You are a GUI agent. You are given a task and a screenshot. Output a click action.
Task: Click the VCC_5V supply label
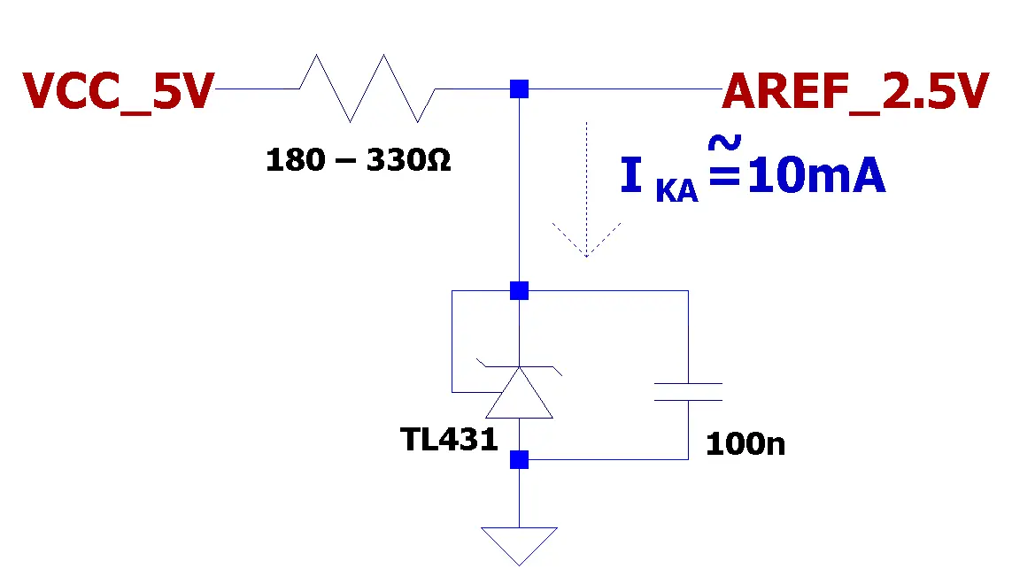coord(118,92)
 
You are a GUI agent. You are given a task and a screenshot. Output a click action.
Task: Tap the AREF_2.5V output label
coord(855,92)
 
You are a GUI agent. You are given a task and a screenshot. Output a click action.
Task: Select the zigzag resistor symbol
coord(367,88)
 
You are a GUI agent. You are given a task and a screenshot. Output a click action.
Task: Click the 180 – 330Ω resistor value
coord(359,159)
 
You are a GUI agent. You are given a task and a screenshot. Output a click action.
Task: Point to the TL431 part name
coord(449,440)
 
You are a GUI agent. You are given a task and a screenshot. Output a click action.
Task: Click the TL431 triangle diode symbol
coord(519,392)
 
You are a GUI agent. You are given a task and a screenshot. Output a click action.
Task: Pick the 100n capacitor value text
coord(745,444)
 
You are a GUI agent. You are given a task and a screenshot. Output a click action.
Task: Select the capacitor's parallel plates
coord(688,392)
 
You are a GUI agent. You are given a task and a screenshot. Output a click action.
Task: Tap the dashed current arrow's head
coord(586,240)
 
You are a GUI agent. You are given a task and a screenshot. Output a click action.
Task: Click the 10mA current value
coord(816,175)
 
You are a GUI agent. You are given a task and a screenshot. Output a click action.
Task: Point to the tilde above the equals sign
coord(724,142)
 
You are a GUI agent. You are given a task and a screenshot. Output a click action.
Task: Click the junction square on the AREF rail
coord(519,88)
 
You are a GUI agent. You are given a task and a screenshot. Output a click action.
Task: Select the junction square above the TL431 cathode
coord(519,290)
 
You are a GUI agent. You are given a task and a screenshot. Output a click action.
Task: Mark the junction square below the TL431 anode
coord(519,459)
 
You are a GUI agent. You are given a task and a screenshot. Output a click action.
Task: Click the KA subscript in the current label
coord(676,190)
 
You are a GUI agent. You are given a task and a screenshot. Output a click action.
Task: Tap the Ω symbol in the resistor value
coord(438,159)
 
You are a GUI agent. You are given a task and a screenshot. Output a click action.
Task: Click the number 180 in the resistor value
coord(296,159)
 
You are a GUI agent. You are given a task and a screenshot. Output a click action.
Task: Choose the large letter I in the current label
coord(631,175)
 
